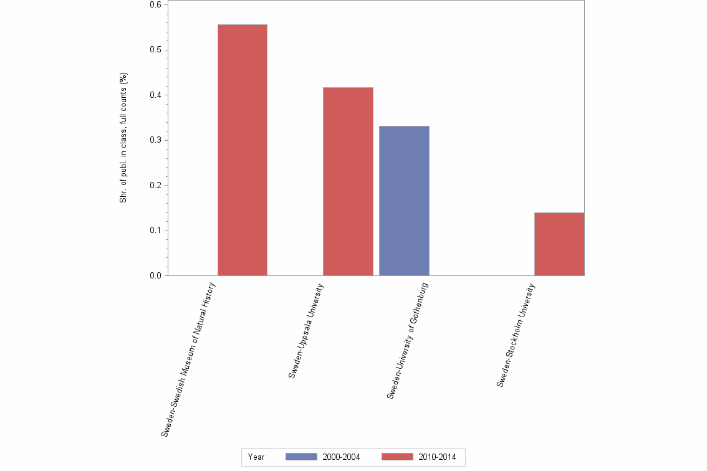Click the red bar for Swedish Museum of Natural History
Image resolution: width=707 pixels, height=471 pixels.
tap(242, 150)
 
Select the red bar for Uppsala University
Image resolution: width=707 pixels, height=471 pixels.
tap(348, 181)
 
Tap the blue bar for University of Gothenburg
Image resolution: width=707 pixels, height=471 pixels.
tap(404, 201)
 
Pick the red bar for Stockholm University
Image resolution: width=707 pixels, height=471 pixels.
tap(559, 244)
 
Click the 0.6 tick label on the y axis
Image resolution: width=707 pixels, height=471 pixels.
tap(155, 4)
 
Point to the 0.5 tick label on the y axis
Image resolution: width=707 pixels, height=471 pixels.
tap(155, 50)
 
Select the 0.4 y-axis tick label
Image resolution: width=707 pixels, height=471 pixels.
tap(155, 95)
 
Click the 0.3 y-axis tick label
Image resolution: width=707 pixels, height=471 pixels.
tap(155, 140)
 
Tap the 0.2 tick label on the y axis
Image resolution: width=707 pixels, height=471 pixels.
tap(155, 185)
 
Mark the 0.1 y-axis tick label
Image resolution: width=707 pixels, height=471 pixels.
tap(155, 231)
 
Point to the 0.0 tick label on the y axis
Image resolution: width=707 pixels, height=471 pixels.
tap(155, 275)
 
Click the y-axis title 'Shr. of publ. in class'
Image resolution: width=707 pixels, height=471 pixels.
tap(123, 138)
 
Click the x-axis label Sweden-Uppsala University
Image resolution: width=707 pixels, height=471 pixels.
tap(305, 331)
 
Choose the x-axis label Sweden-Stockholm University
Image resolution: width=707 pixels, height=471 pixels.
tap(516, 335)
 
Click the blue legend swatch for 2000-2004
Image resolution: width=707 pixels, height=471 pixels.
tap(301, 457)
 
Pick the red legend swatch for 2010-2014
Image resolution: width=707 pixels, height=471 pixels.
tap(397, 457)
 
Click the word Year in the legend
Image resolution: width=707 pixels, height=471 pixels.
tap(256, 457)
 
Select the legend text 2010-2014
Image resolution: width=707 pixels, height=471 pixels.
tap(437, 457)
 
